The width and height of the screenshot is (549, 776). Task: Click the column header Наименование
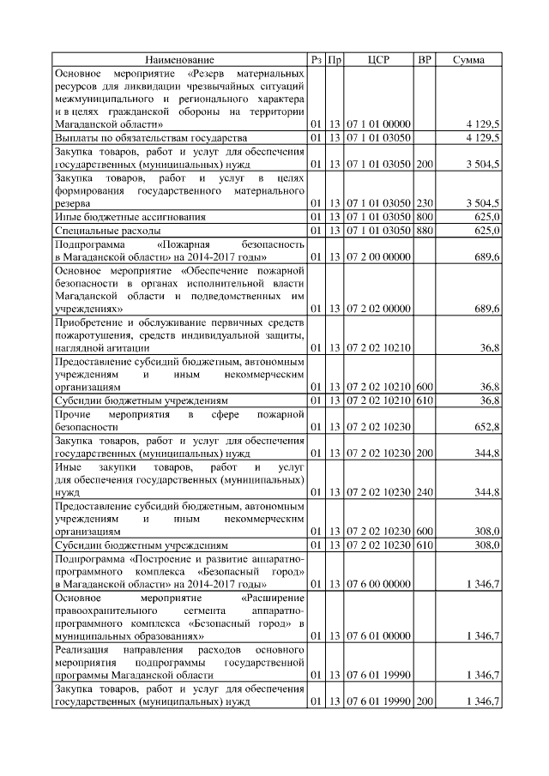click(179, 59)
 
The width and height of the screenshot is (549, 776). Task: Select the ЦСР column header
click(378, 59)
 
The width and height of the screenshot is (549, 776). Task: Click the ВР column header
click(424, 59)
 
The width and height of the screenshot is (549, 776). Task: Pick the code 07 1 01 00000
click(378, 124)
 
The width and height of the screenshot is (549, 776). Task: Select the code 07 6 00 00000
click(378, 583)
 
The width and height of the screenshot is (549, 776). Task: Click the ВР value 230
click(424, 203)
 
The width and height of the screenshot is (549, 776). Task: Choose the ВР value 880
click(424, 230)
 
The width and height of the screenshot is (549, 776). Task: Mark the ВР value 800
click(424, 217)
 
